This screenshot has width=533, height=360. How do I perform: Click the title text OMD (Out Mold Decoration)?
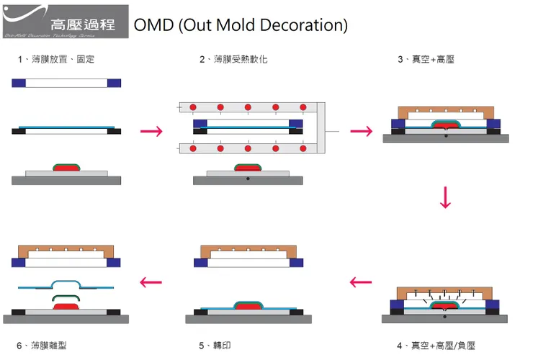[241, 25]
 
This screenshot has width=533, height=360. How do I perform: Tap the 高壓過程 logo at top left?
[66, 22]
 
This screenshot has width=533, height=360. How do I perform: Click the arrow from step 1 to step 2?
[151, 131]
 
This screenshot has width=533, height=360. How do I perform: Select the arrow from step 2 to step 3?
[361, 131]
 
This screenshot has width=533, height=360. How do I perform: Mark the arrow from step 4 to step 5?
[361, 282]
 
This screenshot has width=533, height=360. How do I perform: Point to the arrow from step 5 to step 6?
[151, 282]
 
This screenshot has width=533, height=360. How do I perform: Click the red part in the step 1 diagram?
[66, 168]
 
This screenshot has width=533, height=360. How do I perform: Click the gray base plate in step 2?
[248, 180]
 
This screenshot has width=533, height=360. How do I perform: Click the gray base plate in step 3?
[446, 139]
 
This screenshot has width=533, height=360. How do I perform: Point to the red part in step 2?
[248, 168]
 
